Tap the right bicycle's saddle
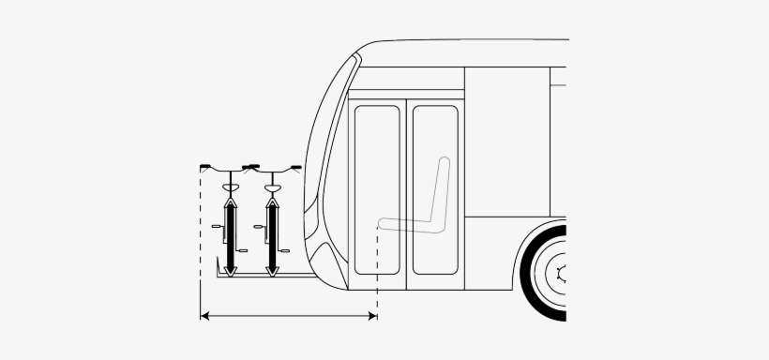[273, 189]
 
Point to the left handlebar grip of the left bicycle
[205, 167]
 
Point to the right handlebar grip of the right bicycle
[296, 168]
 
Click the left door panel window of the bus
[377, 187]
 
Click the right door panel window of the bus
[435, 187]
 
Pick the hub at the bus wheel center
[561, 274]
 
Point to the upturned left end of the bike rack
[218, 271]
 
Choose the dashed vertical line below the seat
[377, 272]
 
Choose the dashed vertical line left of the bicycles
[201, 244]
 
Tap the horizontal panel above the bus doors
[406, 94]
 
